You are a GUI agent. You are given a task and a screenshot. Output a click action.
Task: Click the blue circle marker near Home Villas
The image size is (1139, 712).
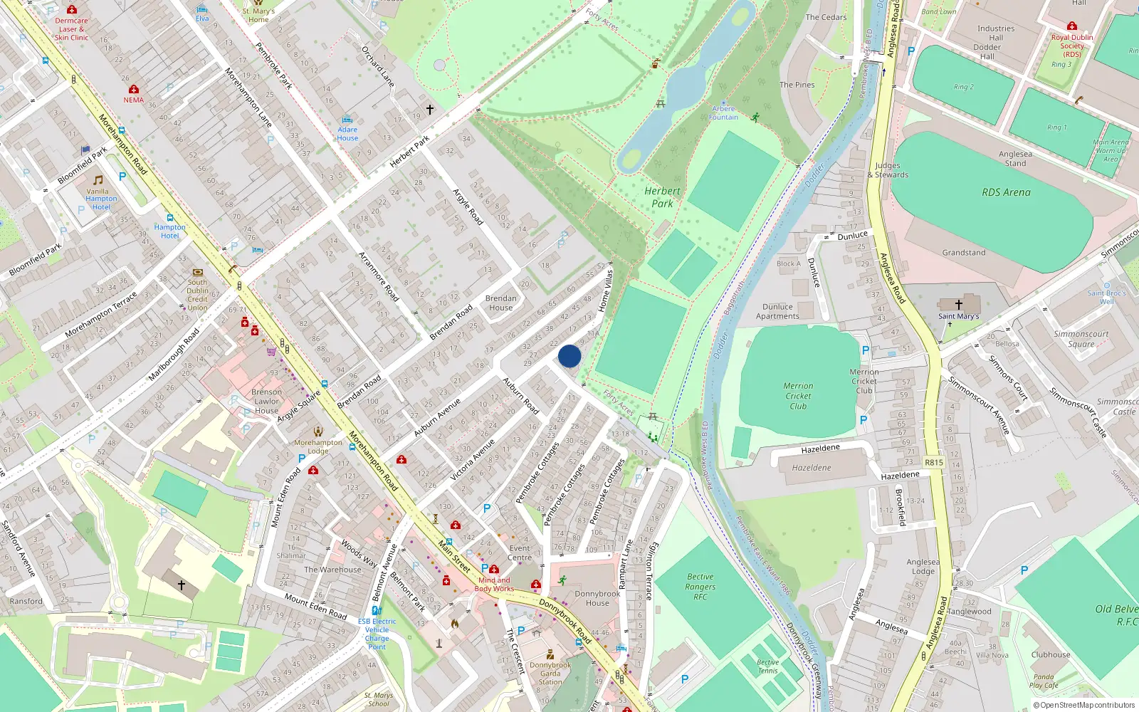569,356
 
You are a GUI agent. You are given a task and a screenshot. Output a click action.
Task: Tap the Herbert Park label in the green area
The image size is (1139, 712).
662,197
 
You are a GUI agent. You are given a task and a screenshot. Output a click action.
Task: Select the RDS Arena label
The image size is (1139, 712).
1006,192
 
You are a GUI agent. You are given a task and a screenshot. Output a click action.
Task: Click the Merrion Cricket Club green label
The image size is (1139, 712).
798,396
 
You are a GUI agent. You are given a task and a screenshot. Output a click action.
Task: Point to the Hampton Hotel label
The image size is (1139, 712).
169,231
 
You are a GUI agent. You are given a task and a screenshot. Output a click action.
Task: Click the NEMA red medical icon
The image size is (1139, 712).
133,89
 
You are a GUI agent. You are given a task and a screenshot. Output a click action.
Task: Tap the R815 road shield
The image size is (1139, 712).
933,462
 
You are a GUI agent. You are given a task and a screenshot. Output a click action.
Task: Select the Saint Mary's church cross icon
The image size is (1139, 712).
958,305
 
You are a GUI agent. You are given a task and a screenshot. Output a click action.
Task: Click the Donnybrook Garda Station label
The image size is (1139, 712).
550,674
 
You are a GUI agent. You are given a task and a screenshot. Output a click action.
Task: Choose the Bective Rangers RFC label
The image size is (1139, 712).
700,587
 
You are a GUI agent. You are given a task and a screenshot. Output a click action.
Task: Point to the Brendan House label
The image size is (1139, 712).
500,303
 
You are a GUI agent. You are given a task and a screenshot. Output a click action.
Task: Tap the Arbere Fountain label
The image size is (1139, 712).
723,113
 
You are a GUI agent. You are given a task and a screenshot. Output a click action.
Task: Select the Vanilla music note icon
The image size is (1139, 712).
98,180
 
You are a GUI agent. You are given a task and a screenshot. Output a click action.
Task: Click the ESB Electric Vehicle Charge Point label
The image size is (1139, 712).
377,634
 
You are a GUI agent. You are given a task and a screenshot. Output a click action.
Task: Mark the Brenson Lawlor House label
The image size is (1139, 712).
266,401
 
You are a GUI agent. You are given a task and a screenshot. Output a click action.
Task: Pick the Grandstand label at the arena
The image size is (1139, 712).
964,253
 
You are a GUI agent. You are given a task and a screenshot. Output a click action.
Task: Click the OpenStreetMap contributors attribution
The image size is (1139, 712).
1083,705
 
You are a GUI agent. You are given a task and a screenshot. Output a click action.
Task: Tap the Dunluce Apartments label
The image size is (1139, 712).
777,311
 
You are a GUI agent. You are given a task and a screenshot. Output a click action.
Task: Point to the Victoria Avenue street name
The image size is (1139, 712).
473,459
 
